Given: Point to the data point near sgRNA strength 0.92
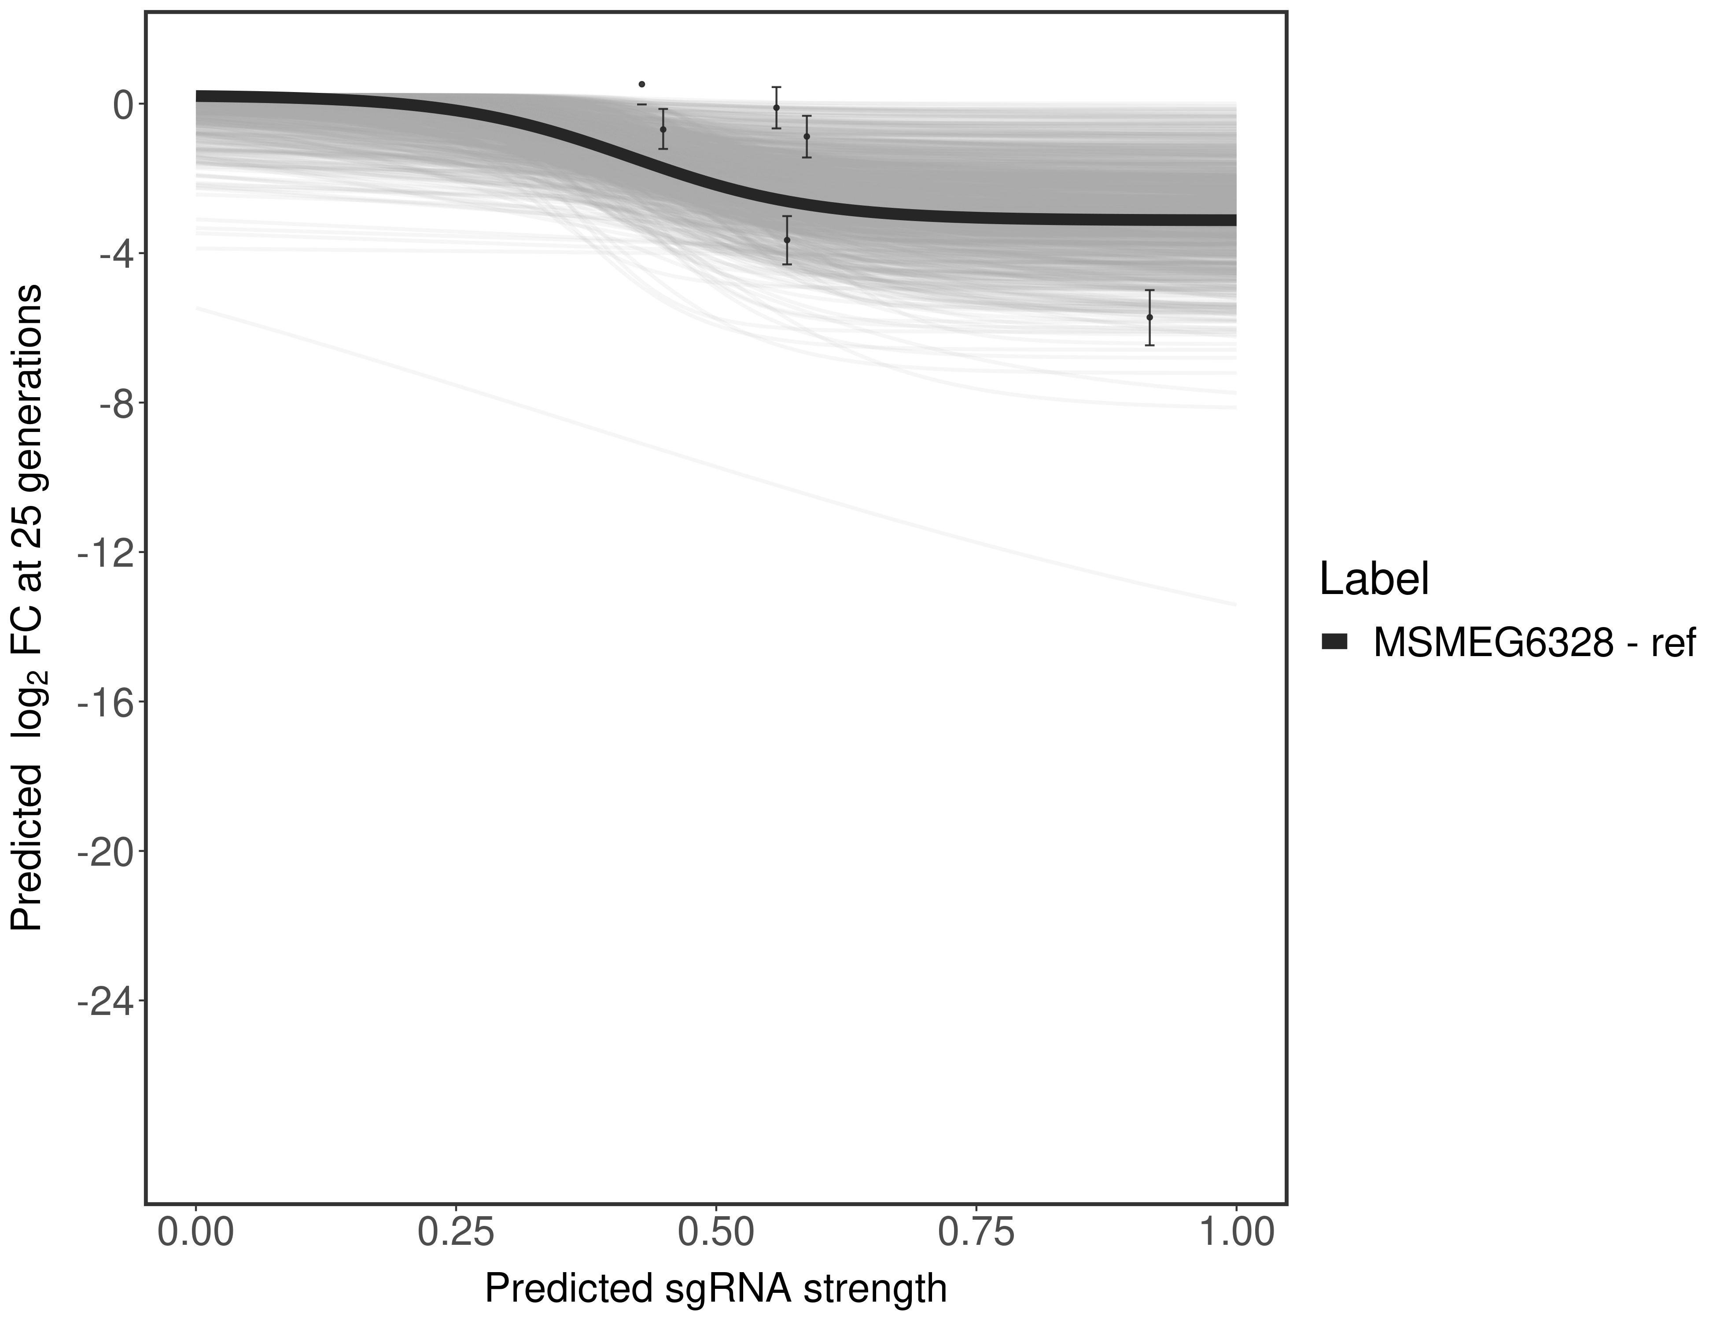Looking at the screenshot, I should [1150, 317].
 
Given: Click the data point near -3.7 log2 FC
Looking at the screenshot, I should [787, 240].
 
